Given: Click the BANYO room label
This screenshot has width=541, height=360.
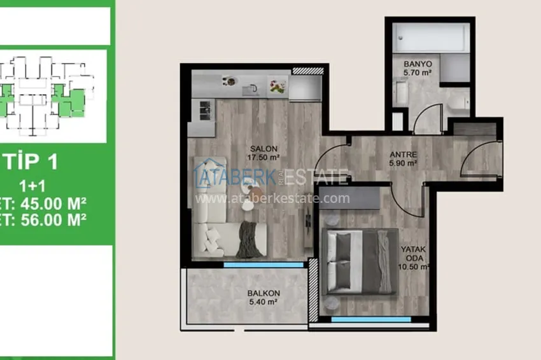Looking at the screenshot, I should [x=418, y=64].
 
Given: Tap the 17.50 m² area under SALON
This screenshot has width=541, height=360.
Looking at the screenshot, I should [x=263, y=157].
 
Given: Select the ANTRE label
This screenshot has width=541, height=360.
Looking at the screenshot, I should [x=403, y=153].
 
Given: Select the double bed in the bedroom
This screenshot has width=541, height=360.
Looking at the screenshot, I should [x=359, y=261].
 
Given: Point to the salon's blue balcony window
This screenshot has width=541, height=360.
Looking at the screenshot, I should [x=263, y=264].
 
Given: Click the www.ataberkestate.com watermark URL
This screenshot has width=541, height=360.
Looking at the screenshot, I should [x=272, y=198].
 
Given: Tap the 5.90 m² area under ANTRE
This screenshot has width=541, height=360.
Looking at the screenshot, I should [x=403, y=163].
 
